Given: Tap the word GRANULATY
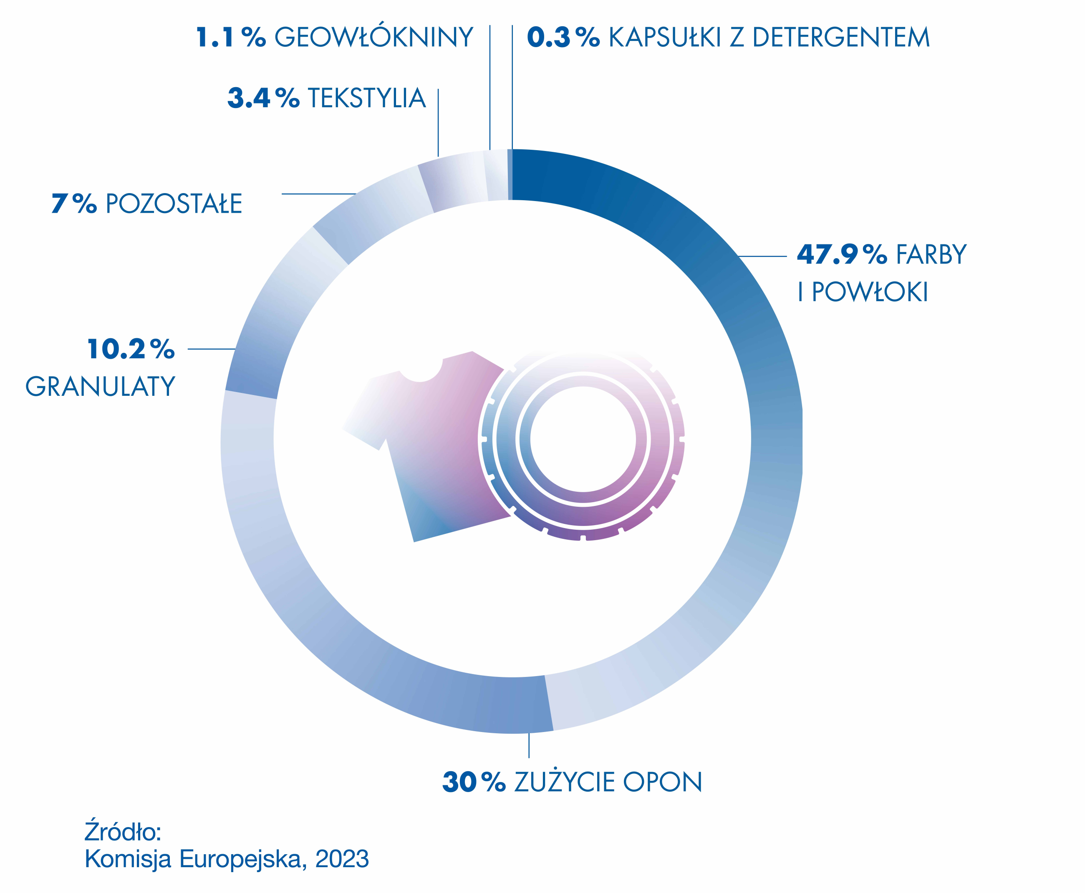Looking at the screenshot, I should click(101, 386).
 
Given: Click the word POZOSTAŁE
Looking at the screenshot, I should click(174, 204).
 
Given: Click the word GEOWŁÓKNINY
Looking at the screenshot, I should click(373, 37).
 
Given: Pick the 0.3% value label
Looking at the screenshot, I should click(563, 37).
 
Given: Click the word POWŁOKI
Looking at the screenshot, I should click(870, 292).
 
